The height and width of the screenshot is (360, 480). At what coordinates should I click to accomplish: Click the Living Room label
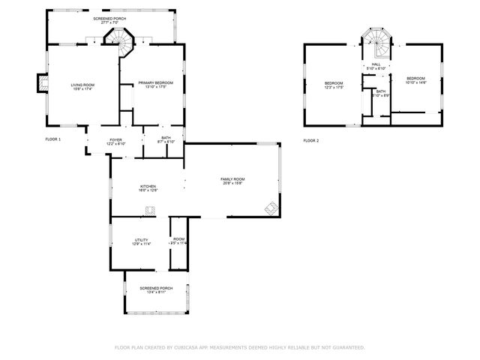coord(82,87)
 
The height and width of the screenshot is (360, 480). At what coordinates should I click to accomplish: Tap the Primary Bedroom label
coord(155,84)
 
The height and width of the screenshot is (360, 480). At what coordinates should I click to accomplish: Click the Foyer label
coord(115,141)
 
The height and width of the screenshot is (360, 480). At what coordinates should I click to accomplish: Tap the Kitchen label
coord(148,188)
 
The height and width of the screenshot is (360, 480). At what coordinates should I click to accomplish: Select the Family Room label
coord(232,181)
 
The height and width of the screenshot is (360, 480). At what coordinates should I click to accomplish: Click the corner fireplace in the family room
coord(268,208)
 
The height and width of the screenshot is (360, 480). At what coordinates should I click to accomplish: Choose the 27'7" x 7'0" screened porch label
coord(109,19)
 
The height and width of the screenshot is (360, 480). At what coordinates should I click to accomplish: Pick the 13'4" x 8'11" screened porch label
coord(156,290)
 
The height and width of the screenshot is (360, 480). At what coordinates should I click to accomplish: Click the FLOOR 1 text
coord(53,140)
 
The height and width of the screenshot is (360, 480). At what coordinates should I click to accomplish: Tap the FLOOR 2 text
coord(311,140)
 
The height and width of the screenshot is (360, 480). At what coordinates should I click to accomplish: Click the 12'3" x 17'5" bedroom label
coord(334,85)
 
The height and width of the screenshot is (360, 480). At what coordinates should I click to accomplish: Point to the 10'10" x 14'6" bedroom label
coord(415,80)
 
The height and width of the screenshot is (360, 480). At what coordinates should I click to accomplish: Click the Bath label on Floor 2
coord(381,93)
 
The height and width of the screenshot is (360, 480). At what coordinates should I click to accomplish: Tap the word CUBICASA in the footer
coord(194,347)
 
